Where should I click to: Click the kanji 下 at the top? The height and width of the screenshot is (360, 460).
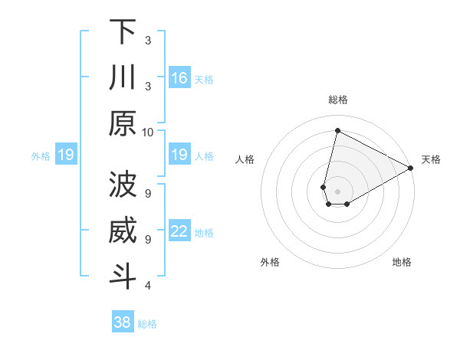point(123,32)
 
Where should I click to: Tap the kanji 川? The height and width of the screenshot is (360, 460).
point(123,78)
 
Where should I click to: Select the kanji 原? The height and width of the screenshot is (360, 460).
point(123,123)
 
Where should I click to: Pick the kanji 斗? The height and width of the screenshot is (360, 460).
point(123,277)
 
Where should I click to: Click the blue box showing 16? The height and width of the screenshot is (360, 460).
point(179,78)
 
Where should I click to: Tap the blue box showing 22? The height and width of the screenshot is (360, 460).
point(179,231)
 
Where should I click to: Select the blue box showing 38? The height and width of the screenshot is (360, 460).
point(123,322)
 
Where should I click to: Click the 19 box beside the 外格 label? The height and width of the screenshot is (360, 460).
point(66,155)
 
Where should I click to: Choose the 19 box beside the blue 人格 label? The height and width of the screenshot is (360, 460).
point(179,155)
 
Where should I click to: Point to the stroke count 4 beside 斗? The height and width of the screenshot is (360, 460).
point(148,286)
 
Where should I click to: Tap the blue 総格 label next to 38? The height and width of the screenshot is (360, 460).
point(147,324)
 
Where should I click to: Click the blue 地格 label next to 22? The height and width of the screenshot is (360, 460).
point(204,233)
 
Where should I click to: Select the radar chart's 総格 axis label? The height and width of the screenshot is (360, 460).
point(337,100)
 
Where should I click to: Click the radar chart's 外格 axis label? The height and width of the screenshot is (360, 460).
point(270,262)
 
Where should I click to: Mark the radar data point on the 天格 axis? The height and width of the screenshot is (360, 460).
point(411,168)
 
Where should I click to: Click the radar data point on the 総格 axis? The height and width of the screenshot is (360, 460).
point(337,130)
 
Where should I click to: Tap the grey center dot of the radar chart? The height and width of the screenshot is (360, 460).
point(337,191)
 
